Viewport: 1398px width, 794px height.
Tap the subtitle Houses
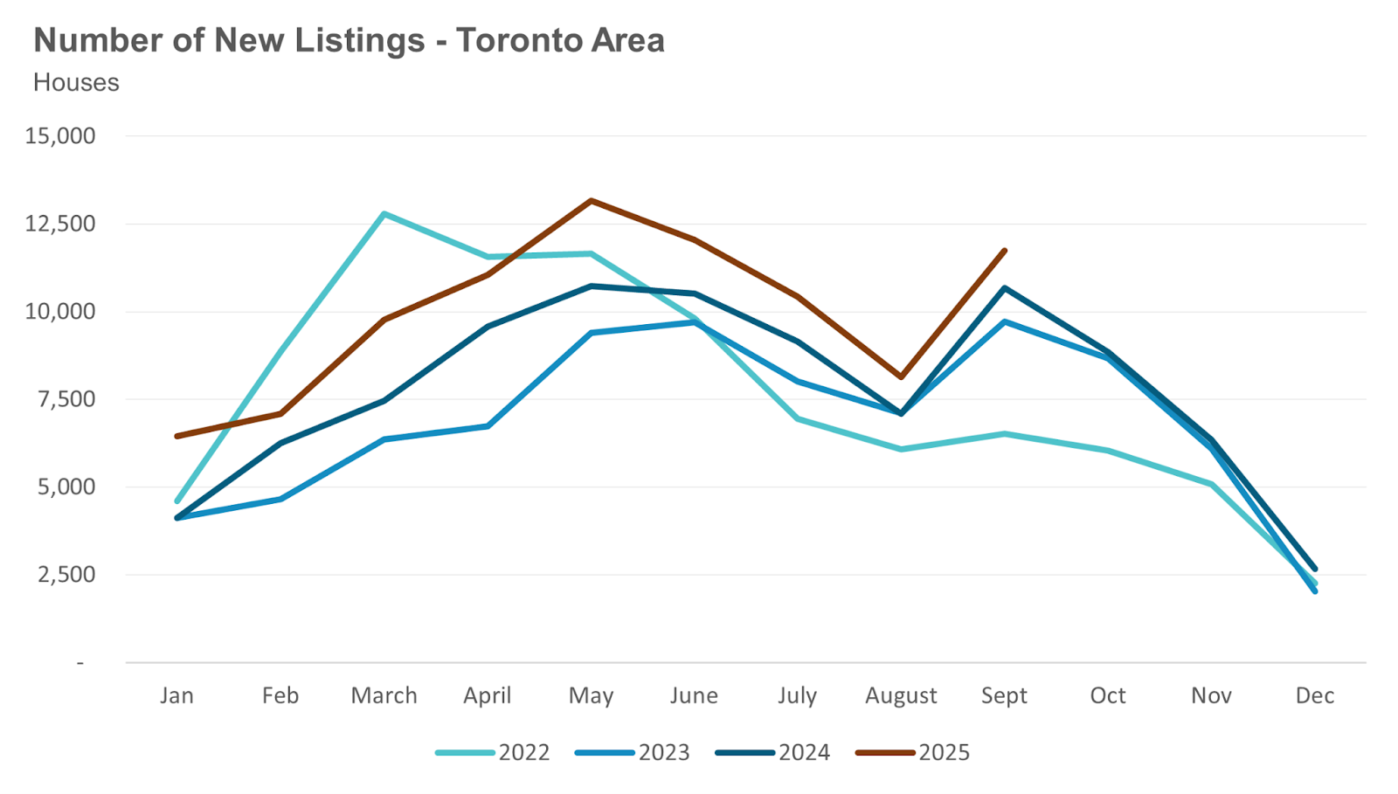[76, 82]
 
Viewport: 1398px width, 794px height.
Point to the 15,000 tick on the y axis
[60, 136]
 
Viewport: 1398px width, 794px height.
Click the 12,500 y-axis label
[60, 224]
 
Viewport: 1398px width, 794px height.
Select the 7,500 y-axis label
[66, 399]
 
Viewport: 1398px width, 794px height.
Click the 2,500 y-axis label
[66, 575]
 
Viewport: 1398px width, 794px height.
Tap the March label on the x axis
[384, 695]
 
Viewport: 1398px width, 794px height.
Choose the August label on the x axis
[901, 695]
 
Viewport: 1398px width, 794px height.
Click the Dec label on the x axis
[1314, 695]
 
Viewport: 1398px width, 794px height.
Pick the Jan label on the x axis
[176, 695]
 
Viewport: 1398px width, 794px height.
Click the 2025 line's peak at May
[592, 201]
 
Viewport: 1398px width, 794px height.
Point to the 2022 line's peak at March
[384, 214]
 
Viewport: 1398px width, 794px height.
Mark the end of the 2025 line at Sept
[1005, 251]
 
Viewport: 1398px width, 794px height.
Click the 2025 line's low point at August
[901, 377]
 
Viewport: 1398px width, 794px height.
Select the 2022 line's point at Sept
[1005, 433]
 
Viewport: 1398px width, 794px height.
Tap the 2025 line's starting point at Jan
[177, 436]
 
